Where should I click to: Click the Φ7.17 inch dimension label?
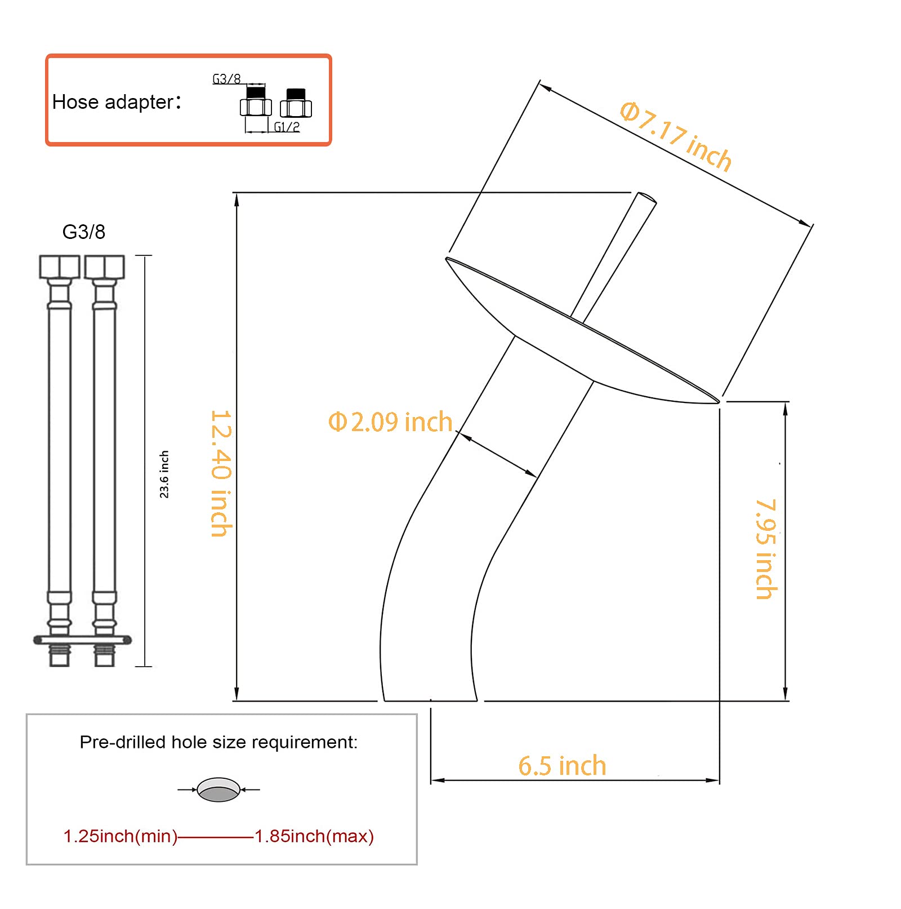click(x=676, y=136)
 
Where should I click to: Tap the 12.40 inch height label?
click(x=221, y=473)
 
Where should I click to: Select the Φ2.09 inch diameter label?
click(x=390, y=422)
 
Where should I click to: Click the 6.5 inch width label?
click(x=562, y=766)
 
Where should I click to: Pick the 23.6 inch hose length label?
click(x=164, y=474)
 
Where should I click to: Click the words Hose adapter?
click(x=113, y=102)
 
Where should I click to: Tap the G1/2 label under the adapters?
click(x=287, y=127)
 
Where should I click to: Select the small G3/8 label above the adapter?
click(x=226, y=79)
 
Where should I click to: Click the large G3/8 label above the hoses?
click(x=84, y=232)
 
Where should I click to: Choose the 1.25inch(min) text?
click(x=120, y=836)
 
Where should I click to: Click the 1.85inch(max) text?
click(x=314, y=836)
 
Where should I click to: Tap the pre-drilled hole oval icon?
click(x=218, y=790)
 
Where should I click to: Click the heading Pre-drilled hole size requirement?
click(x=218, y=742)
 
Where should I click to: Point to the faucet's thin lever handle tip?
click(x=646, y=198)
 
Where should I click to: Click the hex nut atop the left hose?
click(x=59, y=267)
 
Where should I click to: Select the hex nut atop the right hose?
click(x=104, y=267)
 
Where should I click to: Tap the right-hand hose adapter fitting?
click(x=296, y=103)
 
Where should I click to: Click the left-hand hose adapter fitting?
click(x=256, y=102)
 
